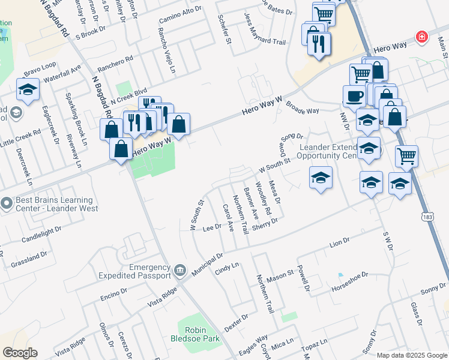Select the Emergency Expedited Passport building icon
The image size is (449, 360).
pyautogui.click(x=179, y=272)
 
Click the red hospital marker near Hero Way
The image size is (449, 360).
pyautogui.click(x=422, y=37)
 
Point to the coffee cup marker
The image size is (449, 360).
pyautogui.click(x=354, y=95)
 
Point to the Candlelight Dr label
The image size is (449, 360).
pyautogui.click(x=41, y=231)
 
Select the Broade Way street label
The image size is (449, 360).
pyautogui.click(x=302, y=111)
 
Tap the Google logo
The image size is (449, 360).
pyautogui.click(x=20, y=352)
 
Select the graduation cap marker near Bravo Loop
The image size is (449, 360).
pyautogui.click(x=28, y=90)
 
